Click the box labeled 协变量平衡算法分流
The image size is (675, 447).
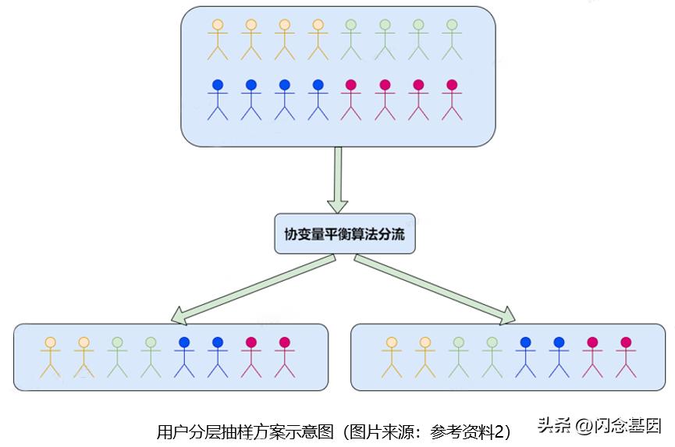point(344,234)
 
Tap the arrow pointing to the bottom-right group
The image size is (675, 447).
point(433,288)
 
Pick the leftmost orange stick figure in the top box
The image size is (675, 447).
point(218,39)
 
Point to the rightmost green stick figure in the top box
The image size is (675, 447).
point(451,39)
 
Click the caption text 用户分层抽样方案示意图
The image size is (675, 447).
point(245,431)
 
